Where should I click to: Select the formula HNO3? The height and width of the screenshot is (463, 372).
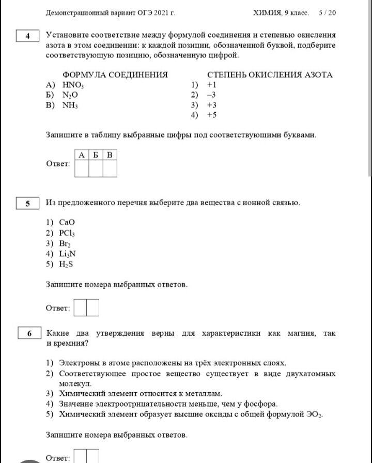pos(73,85)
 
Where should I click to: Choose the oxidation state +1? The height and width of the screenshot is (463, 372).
pos(211,85)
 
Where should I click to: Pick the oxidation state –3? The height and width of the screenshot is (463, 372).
pos(211,95)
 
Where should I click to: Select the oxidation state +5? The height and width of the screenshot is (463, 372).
pos(211,115)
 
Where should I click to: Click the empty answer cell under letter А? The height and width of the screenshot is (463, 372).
pos(82,168)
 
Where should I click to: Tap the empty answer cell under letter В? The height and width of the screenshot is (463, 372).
pos(110,168)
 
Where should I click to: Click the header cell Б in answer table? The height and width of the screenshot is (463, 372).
pos(96,155)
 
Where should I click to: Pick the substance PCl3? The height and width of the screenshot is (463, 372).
pos(68,233)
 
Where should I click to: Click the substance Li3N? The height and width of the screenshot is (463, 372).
pos(68,254)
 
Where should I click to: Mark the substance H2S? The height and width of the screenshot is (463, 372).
pos(67,264)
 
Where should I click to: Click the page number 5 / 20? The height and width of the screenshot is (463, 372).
pos(328,12)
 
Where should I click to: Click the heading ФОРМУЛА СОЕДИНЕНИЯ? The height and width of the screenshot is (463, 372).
pos(115,74)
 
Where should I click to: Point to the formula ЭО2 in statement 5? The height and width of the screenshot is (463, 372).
pos(313,414)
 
